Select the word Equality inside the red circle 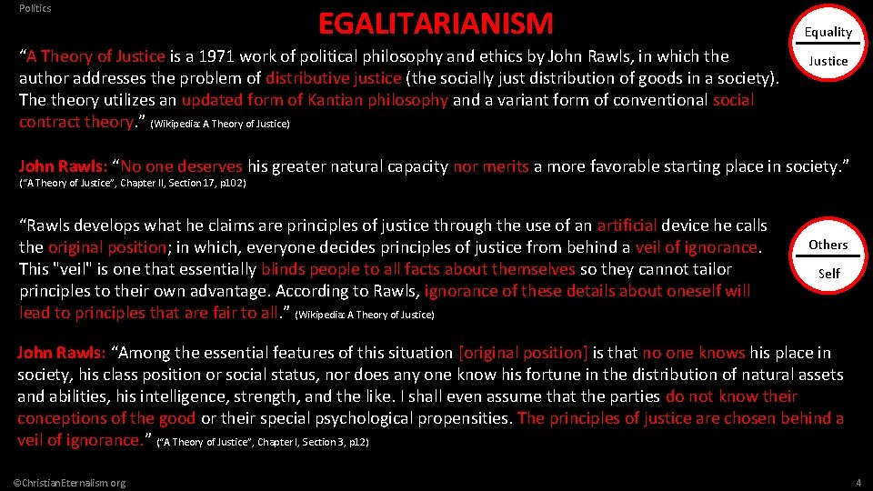[x=828, y=32]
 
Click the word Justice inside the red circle [x=828, y=61]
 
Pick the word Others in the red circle [x=828, y=245]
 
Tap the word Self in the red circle [x=828, y=273]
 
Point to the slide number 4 [x=858, y=482]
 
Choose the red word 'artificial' [x=627, y=225]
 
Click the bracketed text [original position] [x=524, y=353]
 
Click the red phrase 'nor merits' [x=491, y=166]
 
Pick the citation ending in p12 [x=263, y=443]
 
